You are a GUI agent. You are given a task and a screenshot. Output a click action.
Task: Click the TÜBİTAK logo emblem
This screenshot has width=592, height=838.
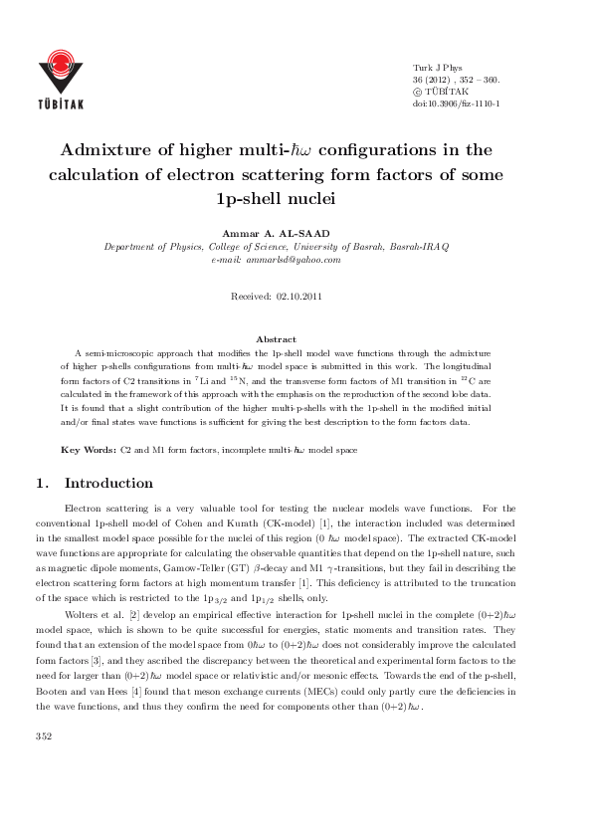69,62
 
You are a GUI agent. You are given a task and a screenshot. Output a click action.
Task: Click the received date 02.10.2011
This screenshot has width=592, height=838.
298,296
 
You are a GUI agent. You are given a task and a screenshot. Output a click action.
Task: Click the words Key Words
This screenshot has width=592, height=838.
89,450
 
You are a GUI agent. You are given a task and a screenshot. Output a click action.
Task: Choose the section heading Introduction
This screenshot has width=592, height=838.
108,484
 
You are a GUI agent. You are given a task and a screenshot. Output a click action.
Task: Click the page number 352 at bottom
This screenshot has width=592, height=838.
44,792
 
